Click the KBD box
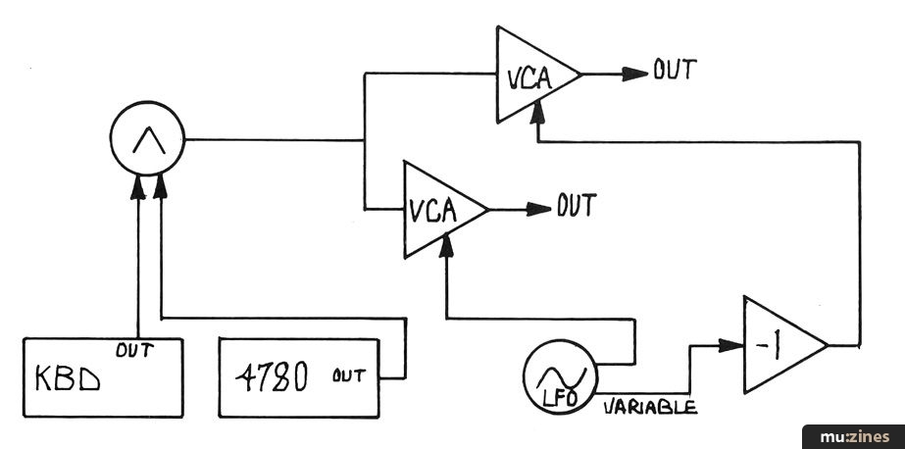103,377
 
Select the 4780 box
300,377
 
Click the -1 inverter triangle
779,345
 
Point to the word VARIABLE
650,406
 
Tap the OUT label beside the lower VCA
578,206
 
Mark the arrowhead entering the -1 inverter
729,344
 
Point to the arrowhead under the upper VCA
535,114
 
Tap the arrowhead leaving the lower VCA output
539,209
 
